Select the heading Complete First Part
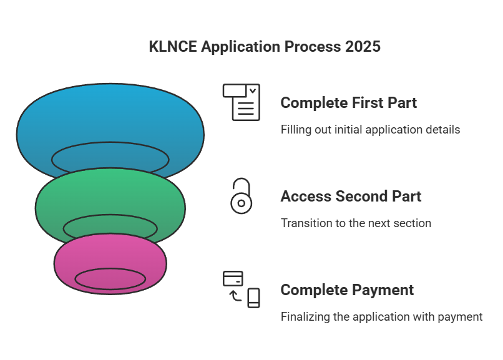[x=348, y=103]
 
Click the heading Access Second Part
[x=351, y=197]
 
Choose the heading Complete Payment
[x=347, y=290]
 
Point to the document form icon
[x=242, y=102]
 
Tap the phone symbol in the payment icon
[x=253, y=298]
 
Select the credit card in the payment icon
[x=233, y=278]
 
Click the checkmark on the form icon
[x=253, y=90]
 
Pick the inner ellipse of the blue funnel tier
[x=110, y=159]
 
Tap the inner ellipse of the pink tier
[x=110, y=279]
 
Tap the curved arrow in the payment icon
[x=235, y=295]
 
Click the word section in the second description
[x=412, y=223]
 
